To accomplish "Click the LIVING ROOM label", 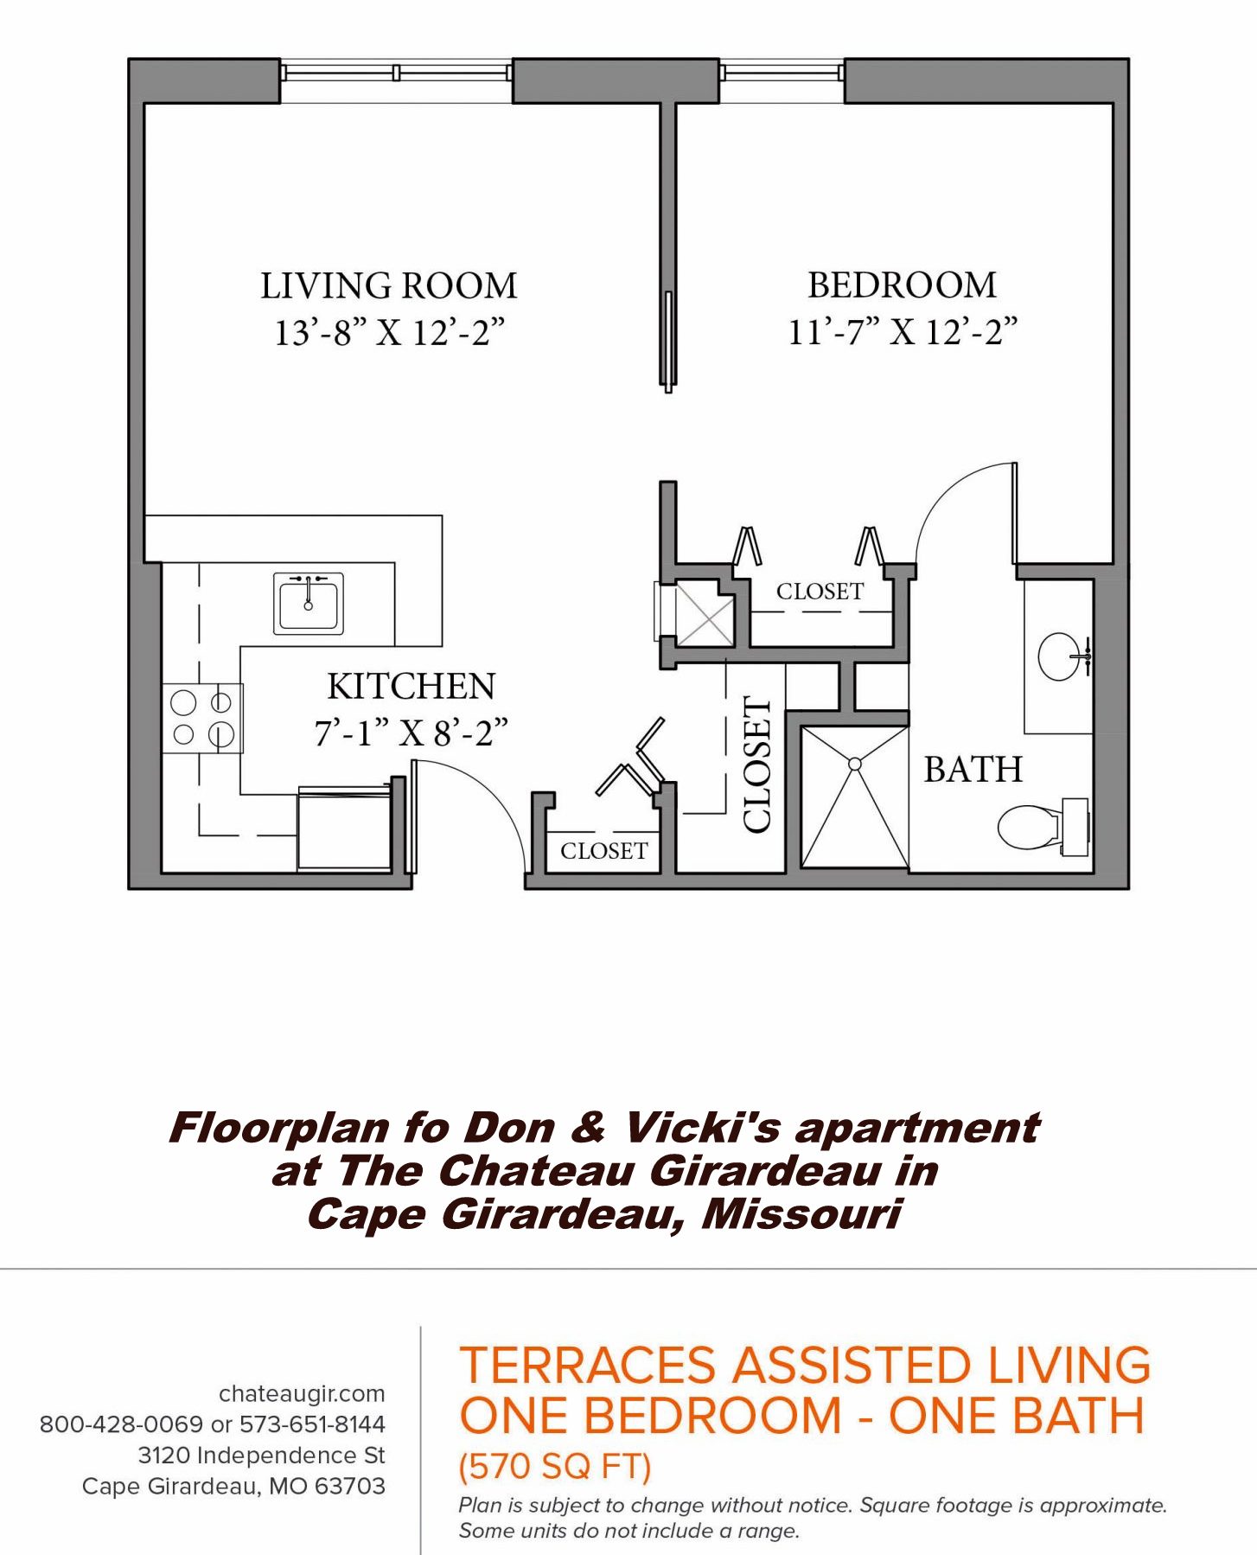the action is [x=389, y=286].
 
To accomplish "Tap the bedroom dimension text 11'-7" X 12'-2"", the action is [x=903, y=332].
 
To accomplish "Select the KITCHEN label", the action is [x=412, y=687].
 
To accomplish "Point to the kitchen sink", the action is [x=309, y=603].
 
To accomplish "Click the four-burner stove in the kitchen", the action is [x=202, y=718].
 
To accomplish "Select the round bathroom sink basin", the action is [x=1060, y=656].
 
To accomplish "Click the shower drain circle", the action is [x=855, y=765].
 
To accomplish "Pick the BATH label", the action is [x=973, y=769].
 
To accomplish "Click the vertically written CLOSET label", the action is [x=757, y=765].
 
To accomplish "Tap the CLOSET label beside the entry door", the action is [x=604, y=851].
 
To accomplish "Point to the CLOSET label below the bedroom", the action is [x=820, y=592].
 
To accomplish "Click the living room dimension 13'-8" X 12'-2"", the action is [x=390, y=332].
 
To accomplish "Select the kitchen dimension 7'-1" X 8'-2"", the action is [x=412, y=733].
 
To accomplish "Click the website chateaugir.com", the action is [x=302, y=1393].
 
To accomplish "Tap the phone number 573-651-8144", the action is [x=312, y=1424].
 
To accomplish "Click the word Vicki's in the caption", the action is [x=702, y=1128].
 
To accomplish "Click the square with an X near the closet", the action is [x=705, y=615].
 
